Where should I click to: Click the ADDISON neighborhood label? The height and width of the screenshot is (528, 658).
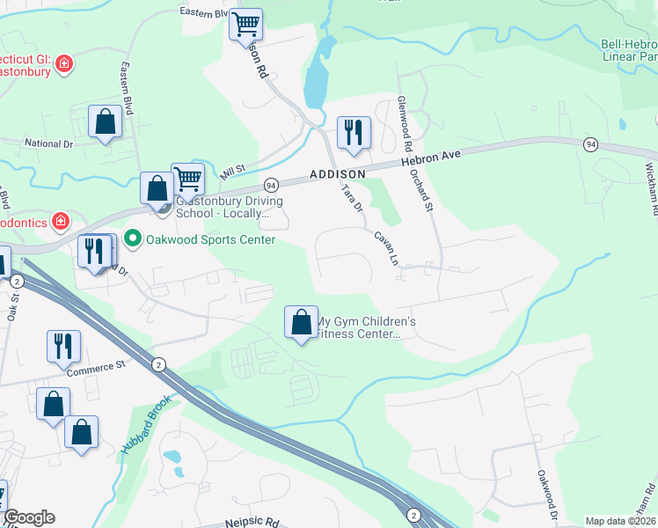click(337, 175)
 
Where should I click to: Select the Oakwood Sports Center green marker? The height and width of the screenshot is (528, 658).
click(133, 238)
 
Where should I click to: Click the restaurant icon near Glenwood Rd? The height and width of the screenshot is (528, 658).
click(354, 133)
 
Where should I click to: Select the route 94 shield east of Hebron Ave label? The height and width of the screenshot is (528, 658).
click(590, 144)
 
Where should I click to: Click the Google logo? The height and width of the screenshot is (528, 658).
click(30, 517)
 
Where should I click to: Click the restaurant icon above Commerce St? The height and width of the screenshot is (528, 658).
click(63, 346)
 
